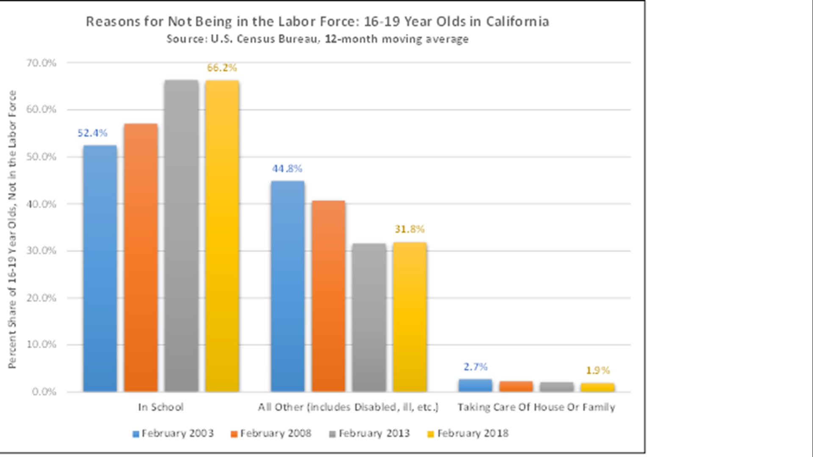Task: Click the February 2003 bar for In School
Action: [100, 268]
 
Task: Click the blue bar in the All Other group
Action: [288, 286]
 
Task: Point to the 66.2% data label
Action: [222, 68]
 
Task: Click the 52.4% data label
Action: [92, 133]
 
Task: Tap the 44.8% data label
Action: [287, 169]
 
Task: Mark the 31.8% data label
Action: [409, 229]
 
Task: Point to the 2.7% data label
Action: [476, 367]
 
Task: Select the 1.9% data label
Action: [598, 371]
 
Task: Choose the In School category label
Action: [161, 407]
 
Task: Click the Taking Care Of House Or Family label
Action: [536, 407]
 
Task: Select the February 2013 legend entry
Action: [370, 433]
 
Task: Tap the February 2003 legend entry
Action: [173, 433]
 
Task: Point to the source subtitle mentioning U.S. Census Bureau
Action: [318, 39]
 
